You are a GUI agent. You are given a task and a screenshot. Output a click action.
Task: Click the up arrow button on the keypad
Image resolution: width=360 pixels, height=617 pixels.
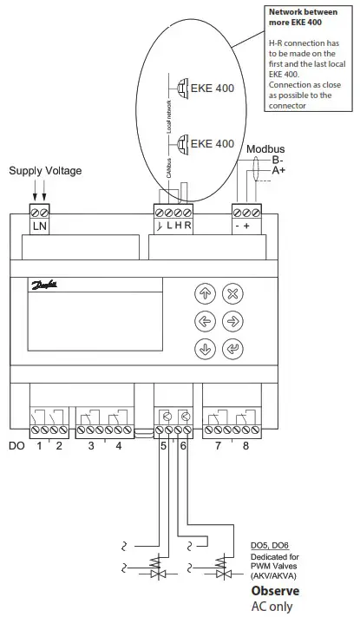[205, 293]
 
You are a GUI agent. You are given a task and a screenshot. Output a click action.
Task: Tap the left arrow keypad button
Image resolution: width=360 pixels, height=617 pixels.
[205, 322]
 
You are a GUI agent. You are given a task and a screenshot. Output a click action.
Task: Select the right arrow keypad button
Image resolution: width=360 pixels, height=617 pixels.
[232, 322]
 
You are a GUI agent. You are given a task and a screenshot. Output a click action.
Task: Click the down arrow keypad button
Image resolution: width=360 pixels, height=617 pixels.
[205, 351]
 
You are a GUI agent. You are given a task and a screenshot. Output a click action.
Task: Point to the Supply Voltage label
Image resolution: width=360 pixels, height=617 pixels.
[45, 171]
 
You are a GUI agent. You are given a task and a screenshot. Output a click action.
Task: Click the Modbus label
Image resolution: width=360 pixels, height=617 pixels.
[265, 149]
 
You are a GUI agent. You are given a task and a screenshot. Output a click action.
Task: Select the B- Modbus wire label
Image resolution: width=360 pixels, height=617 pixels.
[278, 161]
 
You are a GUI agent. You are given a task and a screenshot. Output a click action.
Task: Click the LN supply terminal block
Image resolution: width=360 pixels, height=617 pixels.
[40, 218]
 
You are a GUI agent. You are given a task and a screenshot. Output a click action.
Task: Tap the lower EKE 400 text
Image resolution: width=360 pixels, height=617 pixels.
[213, 143]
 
